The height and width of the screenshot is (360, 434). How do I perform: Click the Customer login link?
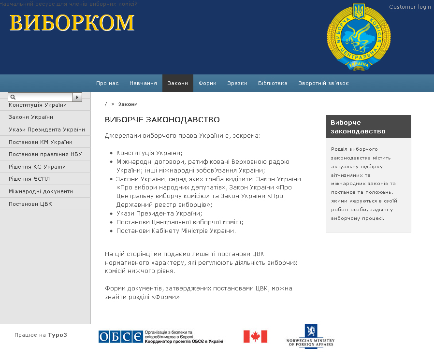[410, 7]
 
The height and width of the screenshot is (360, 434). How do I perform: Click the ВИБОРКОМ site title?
[72, 23]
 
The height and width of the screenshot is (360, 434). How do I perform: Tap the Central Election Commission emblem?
[359, 37]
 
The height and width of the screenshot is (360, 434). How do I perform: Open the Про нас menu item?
[107, 83]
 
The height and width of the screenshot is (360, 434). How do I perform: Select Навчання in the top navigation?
[143, 83]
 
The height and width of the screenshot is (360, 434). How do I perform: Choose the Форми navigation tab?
[207, 83]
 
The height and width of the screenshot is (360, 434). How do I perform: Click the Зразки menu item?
[237, 83]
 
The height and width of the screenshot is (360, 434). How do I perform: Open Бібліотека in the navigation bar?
[273, 83]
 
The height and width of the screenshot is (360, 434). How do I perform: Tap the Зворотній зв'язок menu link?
[323, 83]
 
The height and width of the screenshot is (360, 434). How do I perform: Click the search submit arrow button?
[77, 97]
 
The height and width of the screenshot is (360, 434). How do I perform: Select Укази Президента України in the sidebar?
[47, 130]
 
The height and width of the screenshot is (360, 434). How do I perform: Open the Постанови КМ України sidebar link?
[41, 142]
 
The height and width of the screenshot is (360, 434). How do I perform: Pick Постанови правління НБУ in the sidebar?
[45, 155]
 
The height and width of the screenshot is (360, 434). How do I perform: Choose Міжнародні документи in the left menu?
[41, 191]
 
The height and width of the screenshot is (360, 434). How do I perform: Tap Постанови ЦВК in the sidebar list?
[30, 204]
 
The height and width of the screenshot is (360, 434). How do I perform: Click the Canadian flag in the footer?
[255, 336]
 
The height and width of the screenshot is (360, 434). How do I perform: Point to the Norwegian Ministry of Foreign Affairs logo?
[310, 336]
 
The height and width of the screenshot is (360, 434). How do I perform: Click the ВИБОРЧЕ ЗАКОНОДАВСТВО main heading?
[162, 119]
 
